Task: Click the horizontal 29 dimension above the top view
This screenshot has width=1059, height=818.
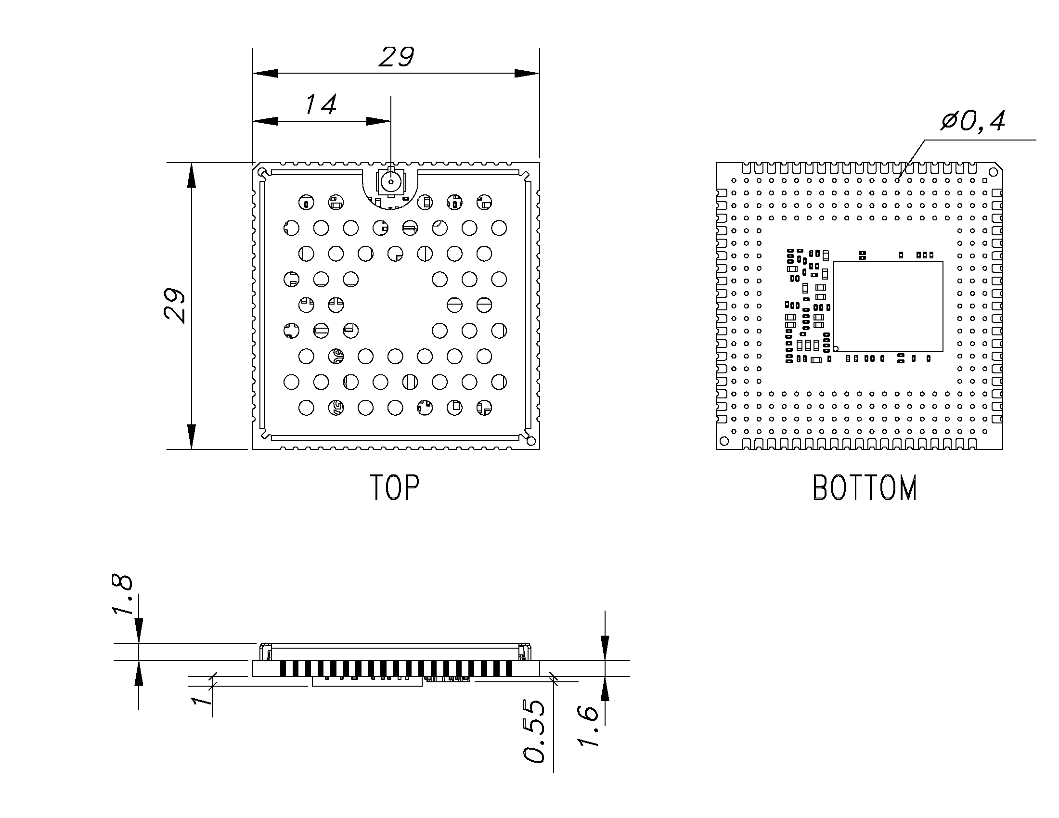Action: click(x=396, y=57)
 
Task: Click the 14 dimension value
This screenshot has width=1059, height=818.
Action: click(x=321, y=105)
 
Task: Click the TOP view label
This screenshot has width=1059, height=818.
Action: click(x=394, y=487)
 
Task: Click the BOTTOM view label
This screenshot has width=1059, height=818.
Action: click(x=865, y=488)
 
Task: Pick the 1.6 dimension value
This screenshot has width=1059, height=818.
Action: click(x=588, y=726)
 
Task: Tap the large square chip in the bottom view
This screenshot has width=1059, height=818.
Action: click(x=888, y=306)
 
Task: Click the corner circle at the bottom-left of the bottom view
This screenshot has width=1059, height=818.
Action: click(x=724, y=441)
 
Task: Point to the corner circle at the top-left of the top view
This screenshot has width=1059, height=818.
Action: click(x=262, y=172)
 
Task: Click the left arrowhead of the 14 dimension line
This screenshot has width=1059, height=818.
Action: click(x=265, y=121)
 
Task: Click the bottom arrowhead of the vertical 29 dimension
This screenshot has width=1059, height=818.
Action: click(x=192, y=436)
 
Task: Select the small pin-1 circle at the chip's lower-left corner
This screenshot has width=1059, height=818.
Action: click(x=836, y=348)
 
